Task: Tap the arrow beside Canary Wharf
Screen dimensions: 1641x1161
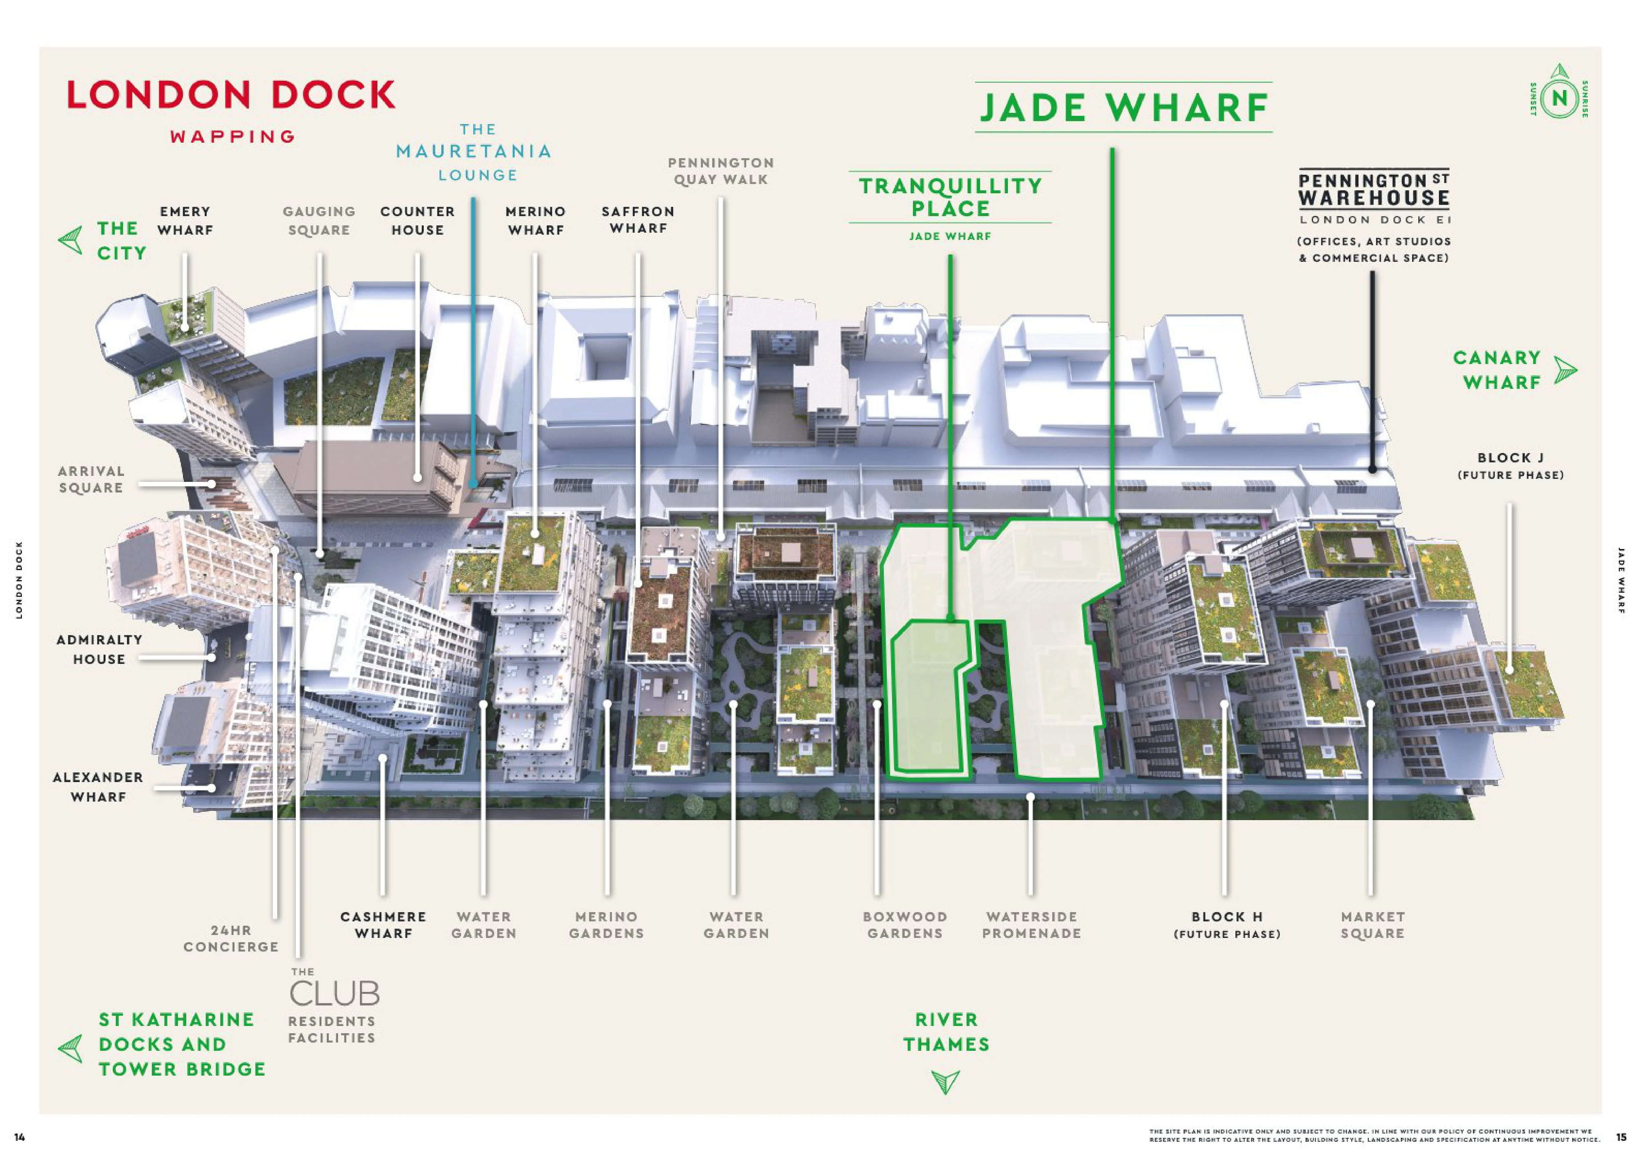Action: (x=1565, y=370)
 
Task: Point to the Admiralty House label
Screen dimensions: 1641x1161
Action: (x=99, y=649)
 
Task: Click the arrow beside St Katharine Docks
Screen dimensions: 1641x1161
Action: (x=70, y=1049)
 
